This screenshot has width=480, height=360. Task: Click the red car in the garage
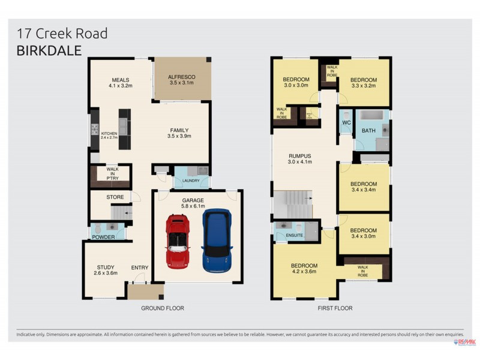178,241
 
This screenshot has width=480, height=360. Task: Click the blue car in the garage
217,240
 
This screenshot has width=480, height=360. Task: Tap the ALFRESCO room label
181,77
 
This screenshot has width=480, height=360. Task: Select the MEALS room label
120,80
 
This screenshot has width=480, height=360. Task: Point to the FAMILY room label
179,130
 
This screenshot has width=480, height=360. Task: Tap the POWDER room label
103,237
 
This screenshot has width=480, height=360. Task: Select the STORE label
115,197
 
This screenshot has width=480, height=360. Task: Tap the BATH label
368,130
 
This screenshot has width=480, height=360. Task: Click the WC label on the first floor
346,123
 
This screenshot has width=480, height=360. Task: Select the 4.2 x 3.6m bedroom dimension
304,272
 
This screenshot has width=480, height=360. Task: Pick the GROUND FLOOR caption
162,308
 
